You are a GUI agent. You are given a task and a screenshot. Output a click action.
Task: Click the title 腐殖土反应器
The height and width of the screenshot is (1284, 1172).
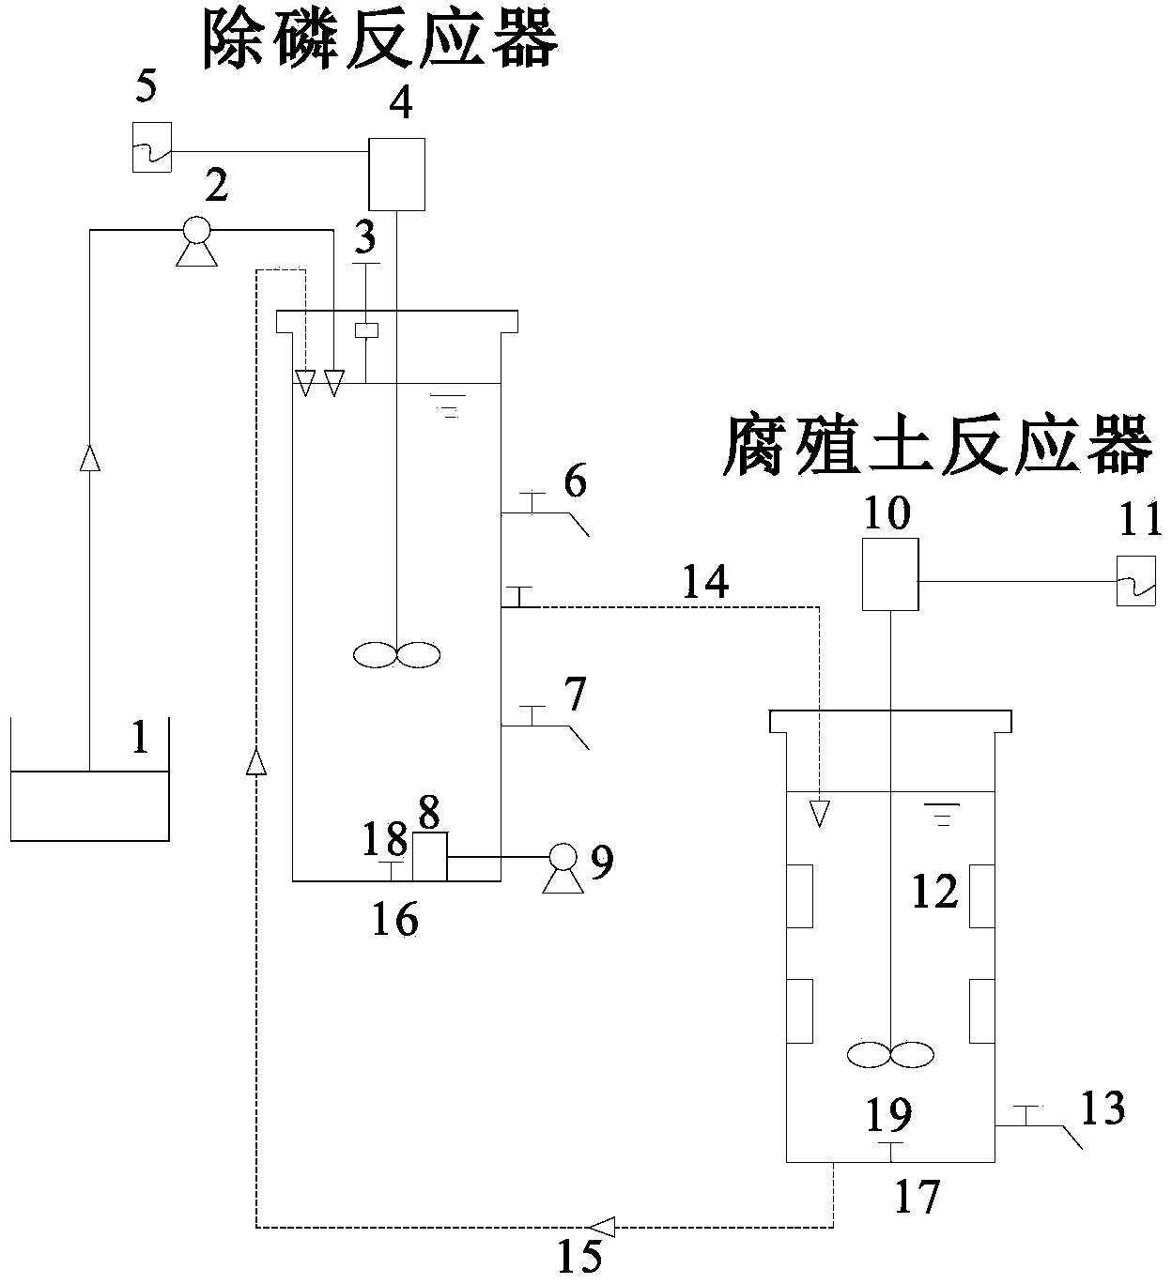coord(936,445)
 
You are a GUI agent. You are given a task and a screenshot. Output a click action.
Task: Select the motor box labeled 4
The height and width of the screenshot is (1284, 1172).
coord(396,174)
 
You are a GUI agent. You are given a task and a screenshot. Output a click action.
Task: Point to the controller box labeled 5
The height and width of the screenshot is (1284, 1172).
coord(152,147)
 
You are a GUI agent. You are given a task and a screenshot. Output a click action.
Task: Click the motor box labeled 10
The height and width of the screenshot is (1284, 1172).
coord(889,573)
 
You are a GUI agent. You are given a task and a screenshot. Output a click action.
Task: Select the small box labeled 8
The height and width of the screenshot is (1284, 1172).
coord(429,856)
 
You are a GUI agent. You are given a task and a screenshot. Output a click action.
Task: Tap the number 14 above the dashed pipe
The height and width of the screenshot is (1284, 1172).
coord(705,583)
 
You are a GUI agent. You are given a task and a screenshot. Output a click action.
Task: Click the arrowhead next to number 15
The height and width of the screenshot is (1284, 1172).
coord(602,1225)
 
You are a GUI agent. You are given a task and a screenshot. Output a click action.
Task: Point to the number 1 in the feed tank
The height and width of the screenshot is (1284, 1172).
coord(140,740)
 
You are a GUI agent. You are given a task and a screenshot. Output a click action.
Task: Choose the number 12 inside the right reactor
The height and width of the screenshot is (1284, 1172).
coord(934,892)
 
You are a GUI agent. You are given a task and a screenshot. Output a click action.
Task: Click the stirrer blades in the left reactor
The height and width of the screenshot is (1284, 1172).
coord(396,654)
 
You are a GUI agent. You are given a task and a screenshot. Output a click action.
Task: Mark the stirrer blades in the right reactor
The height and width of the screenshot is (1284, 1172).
coord(890,1054)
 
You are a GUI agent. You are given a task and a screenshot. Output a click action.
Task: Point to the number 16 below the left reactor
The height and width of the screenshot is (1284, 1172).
coord(394,921)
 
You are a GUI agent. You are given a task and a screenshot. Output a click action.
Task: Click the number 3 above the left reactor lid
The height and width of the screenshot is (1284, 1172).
coord(364,238)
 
